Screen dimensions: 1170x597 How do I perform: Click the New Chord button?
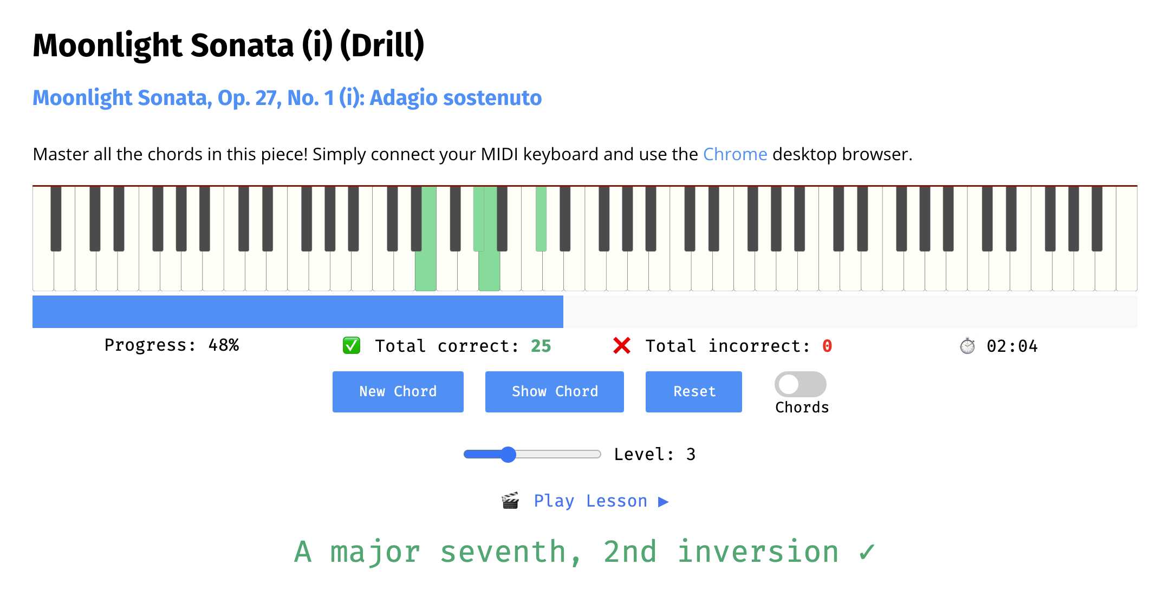(x=398, y=392)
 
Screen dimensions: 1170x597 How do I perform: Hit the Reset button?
(x=694, y=392)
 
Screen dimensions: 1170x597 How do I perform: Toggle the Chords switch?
(x=801, y=384)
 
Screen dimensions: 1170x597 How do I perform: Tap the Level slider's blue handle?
(x=508, y=454)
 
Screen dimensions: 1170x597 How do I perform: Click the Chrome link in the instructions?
(x=735, y=154)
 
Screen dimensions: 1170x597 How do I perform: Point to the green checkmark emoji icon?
(x=352, y=345)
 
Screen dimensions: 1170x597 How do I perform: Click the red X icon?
(x=622, y=345)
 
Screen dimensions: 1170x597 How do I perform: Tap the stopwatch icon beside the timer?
(x=967, y=345)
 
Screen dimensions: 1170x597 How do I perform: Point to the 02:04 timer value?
(x=1012, y=346)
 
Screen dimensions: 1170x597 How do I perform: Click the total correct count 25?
(x=541, y=346)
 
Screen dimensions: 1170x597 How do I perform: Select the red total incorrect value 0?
(x=827, y=346)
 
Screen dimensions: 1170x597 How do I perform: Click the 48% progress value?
(x=224, y=345)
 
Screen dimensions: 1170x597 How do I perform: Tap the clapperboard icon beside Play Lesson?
(x=510, y=501)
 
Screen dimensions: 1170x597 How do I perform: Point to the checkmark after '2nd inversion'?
(x=867, y=552)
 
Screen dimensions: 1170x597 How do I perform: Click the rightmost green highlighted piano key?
(x=541, y=219)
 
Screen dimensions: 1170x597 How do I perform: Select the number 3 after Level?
(x=691, y=454)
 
